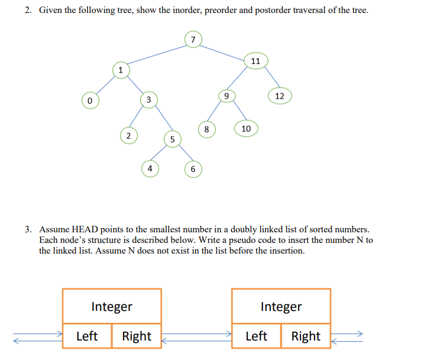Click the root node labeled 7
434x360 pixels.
pos(193,40)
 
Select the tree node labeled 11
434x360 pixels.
pos(255,61)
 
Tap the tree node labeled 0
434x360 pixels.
pos(90,101)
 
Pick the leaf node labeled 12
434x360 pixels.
pos(280,96)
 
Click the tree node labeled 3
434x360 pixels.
pos(149,99)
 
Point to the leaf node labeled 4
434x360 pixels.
pos(150,168)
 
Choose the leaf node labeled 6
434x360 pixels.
pos(193,169)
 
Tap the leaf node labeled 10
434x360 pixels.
pos(246,128)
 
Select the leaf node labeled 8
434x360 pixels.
pos(206,129)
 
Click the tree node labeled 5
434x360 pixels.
pos(171,140)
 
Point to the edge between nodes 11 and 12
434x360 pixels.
pos(269,77)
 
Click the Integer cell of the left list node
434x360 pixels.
pos(112,306)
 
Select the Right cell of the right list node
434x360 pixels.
pos(306,336)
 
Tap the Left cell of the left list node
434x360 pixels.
pos(87,336)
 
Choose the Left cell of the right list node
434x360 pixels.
pos(256,336)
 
